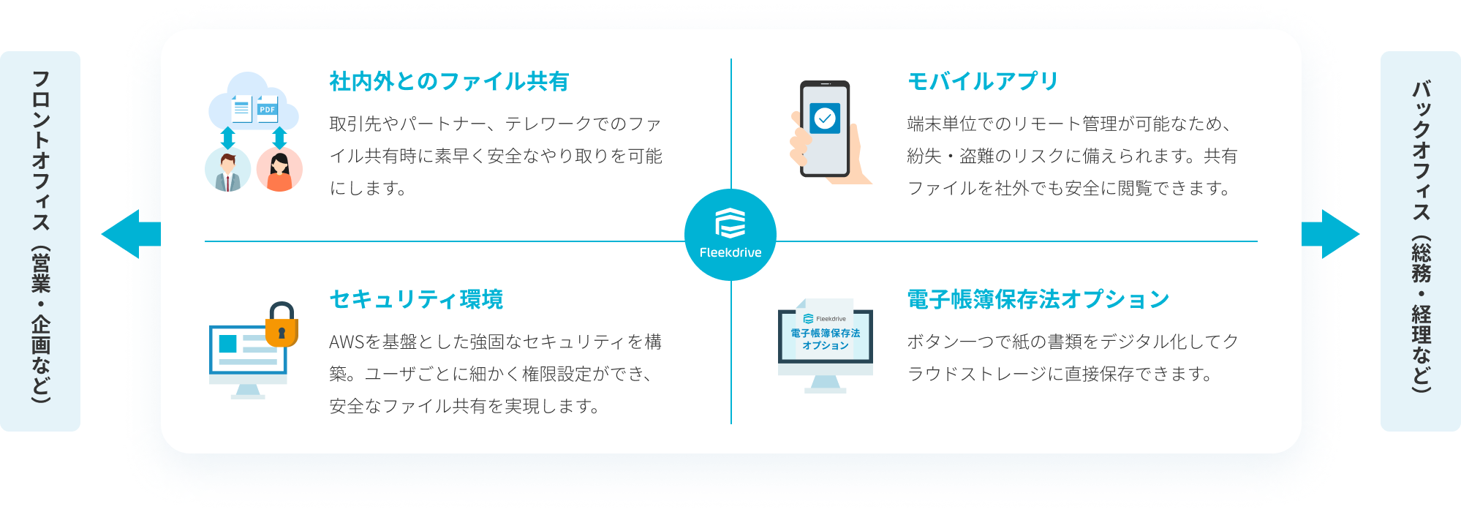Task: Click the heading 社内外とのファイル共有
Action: point(449,81)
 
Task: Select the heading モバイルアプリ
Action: point(982,81)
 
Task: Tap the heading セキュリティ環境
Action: point(416,299)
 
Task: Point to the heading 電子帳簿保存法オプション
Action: point(1038,299)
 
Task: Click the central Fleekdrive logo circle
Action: point(730,235)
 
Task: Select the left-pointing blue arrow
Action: point(130,234)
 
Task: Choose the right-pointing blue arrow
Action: point(1330,234)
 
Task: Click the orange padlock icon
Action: point(282,326)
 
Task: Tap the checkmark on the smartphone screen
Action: point(825,118)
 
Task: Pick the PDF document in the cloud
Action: point(268,110)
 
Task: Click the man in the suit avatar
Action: point(227,170)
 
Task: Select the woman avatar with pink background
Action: point(279,170)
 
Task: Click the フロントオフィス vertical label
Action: point(40,238)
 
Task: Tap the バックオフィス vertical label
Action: point(1420,238)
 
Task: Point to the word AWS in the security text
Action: point(346,342)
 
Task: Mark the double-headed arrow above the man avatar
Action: point(228,138)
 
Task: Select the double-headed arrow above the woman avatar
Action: point(279,138)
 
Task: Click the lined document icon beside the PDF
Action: point(241,110)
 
